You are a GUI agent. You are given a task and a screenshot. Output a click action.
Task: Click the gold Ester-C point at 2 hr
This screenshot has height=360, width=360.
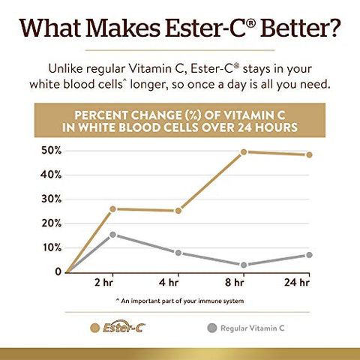(x=112, y=208)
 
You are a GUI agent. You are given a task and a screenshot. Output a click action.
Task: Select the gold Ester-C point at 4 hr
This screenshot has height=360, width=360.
(x=178, y=211)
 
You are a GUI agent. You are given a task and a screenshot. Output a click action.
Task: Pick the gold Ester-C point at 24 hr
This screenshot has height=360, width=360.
(x=309, y=154)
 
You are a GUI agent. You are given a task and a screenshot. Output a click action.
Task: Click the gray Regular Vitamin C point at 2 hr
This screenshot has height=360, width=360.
(x=112, y=234)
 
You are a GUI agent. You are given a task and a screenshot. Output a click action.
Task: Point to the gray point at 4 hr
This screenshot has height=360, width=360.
(x=178, y=253)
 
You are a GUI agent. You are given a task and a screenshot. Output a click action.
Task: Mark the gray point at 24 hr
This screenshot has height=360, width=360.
(x=309, y=255)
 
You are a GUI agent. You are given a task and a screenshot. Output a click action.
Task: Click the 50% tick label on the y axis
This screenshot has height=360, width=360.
(x=50, y=151)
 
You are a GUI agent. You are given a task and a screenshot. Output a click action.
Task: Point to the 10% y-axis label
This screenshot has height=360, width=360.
(x=50, y=247)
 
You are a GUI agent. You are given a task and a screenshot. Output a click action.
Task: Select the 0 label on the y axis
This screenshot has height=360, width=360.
(x=57, y=271)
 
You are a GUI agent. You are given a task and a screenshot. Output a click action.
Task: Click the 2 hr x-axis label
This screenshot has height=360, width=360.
(x=112, y=283)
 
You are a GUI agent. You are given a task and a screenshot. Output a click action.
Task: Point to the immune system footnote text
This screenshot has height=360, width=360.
(x=180, y=300)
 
